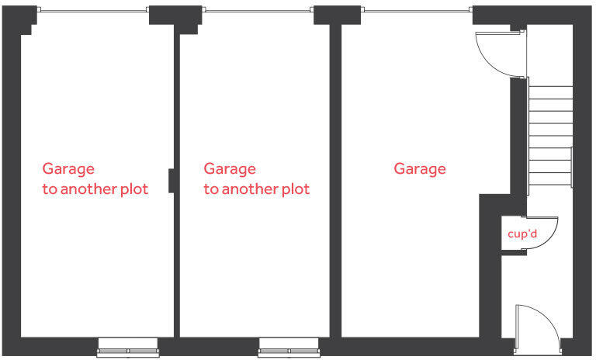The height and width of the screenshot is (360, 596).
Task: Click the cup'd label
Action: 522,233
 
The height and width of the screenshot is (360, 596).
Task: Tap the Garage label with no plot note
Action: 420,168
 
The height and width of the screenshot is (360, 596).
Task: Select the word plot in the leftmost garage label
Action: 133,189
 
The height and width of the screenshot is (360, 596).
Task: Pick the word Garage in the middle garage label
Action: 230,168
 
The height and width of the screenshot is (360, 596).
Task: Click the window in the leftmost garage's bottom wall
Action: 127,348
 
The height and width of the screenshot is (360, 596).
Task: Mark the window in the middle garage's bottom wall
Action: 289,348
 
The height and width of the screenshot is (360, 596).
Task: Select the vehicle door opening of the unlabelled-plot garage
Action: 417,10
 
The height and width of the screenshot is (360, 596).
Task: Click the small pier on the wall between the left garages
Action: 172,180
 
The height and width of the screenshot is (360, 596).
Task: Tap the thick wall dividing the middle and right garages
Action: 335,178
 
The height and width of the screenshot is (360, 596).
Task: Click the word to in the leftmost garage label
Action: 50,189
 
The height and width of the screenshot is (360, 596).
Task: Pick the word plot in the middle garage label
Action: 296,189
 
